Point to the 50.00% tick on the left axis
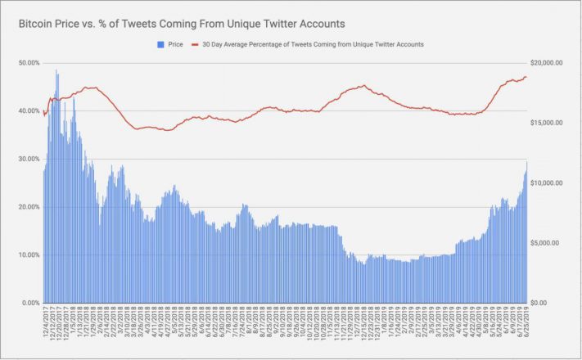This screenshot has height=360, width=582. [x=29, y=63]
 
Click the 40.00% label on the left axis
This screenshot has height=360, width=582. [x=29, y=111]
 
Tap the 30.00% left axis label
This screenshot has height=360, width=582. [x=29, y=159]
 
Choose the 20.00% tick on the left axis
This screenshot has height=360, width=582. [x=29, y=207]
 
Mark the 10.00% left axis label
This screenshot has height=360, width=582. [x=29, y=255]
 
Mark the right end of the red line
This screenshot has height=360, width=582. [x=526, y=77]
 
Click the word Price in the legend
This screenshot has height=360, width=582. [x=174, y=45]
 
